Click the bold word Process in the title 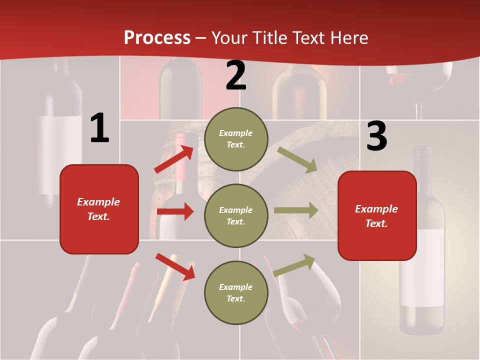[157, 38]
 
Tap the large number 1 [99, 128]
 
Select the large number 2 [236, 76]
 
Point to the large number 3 [376, 136]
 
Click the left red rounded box [99, 209]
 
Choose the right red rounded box [377, 215]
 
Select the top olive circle [236, 139]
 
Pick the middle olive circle [236, 215]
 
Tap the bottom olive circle [236, 292]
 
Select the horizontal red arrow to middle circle [175, 211]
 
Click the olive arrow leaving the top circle [297, 159]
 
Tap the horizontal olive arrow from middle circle [296, 210]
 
